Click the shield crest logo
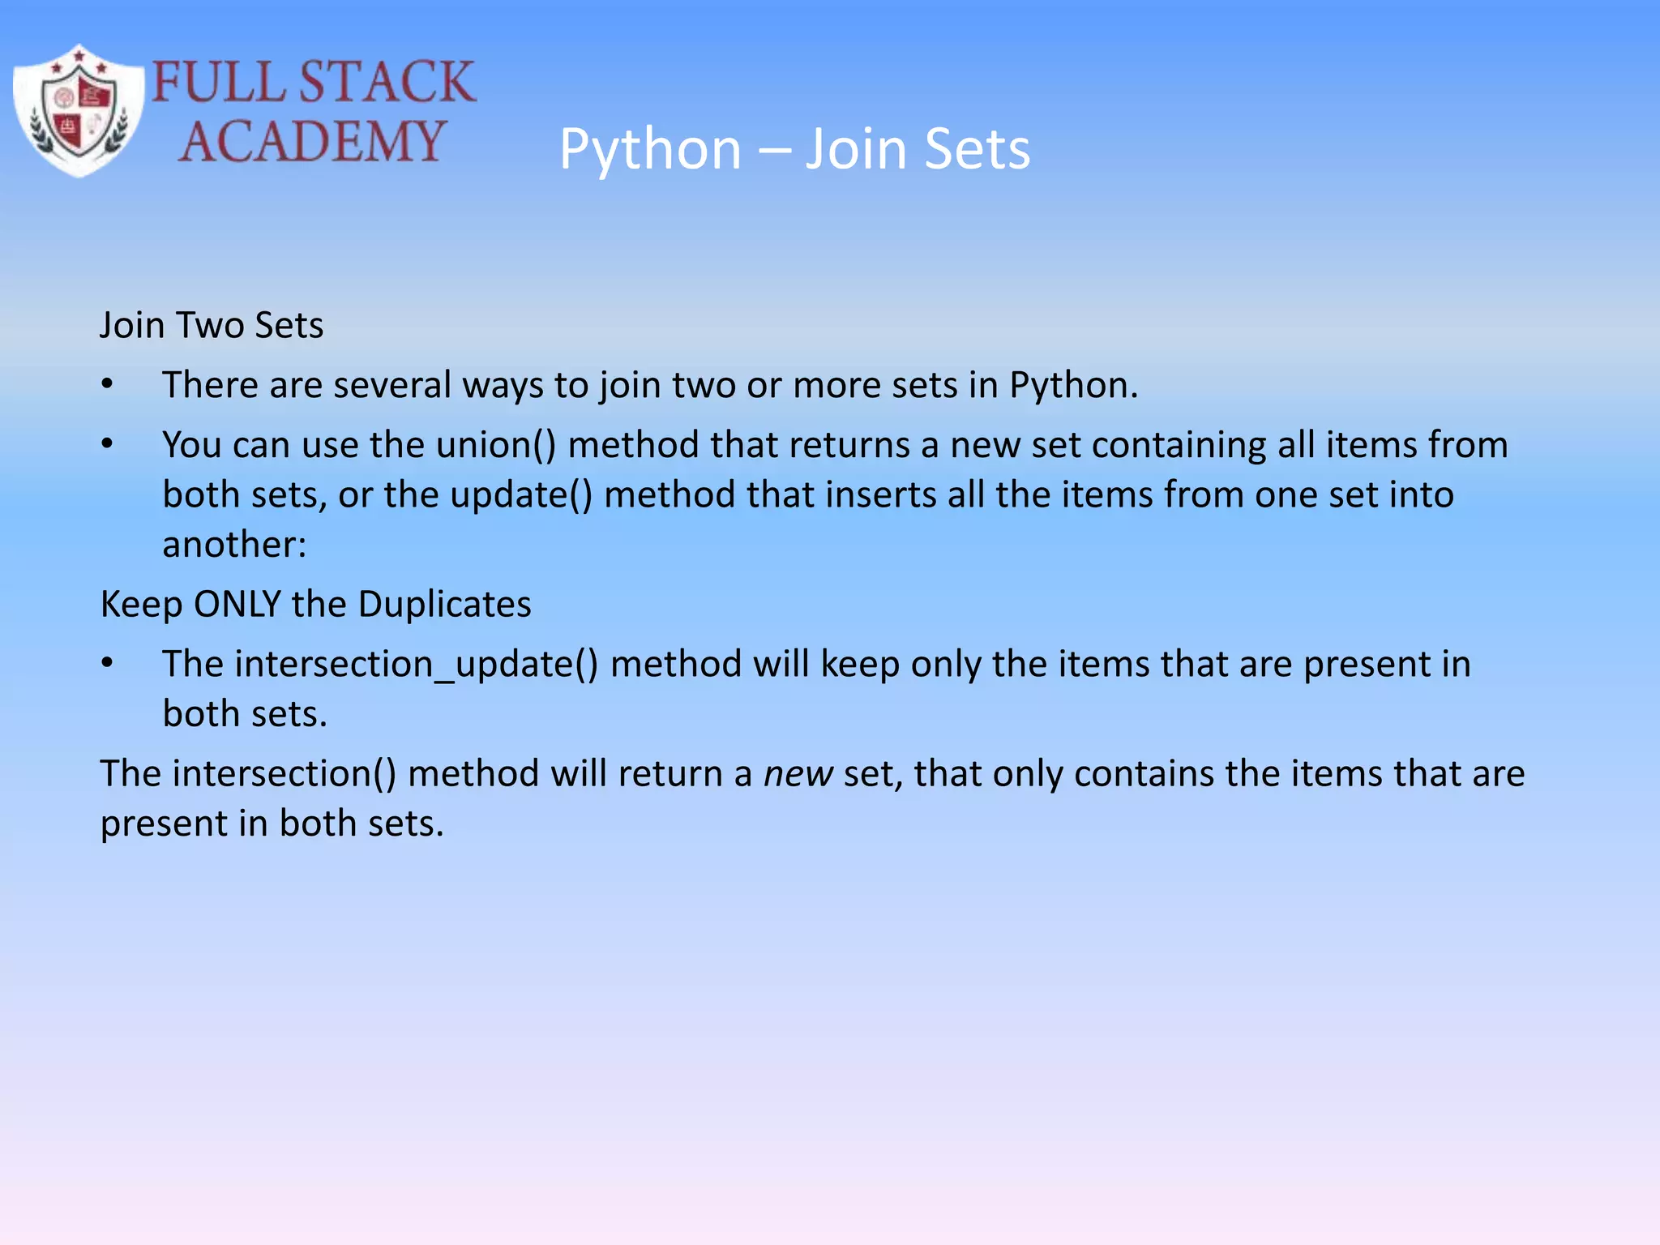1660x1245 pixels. [x=78, y=111]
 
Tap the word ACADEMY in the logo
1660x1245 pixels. [x=312, y=141]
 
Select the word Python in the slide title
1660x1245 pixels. [x=650, y=150]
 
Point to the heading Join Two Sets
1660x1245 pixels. [x=212, y=325]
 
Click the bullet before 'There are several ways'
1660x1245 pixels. [x=107, y=384]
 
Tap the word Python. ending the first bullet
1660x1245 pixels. [x=1073, y=385]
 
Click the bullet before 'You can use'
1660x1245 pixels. [x=107, y=444]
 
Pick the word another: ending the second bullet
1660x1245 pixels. [x=234, y=544]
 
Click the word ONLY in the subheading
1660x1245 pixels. [x=237, y=605]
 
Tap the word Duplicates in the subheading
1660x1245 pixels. [x=444, y=605]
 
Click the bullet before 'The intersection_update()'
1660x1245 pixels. [x=107, y=664]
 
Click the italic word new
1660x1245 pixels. [x=798, y=774]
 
